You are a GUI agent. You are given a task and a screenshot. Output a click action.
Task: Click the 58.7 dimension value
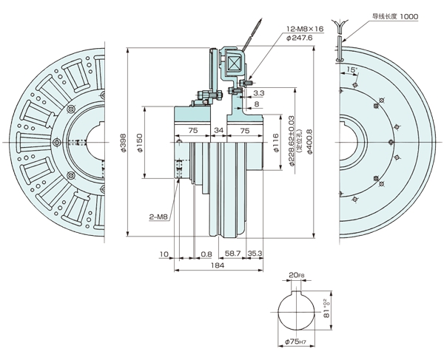point(232,253)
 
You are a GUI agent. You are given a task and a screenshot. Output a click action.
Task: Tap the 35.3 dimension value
point(256,253)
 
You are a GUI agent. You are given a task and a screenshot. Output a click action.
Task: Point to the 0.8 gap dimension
point(206,253)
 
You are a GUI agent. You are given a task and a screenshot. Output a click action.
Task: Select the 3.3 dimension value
point(259,94)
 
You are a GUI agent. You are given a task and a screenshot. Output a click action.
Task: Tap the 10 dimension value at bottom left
point(164,253)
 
